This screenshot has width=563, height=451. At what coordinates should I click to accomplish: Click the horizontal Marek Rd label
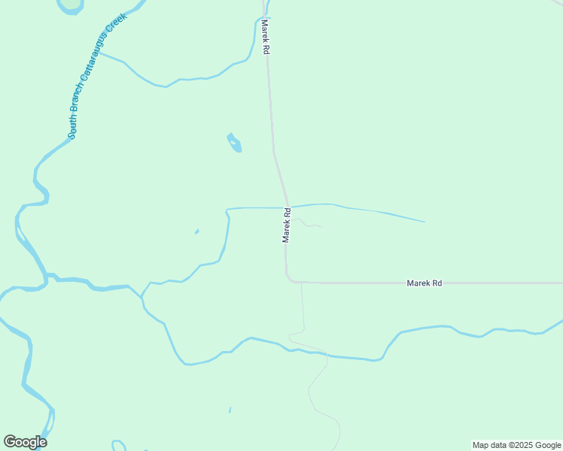(x=424, y=283)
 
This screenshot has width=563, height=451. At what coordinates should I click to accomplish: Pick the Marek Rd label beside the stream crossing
(x=286, y=225)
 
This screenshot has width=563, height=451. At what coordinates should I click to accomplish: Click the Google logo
(x=25, y=442)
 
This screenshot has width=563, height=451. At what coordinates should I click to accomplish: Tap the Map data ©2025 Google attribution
(x=516, y=445)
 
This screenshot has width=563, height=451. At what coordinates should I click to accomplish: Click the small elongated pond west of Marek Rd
(x=235, y=142)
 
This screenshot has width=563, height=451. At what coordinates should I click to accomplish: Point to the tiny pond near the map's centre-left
(x=197, y=231)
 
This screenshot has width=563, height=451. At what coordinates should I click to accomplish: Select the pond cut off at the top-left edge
(x=71, y=5)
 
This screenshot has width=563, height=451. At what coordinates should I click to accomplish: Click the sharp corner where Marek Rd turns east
(x=288, y=280)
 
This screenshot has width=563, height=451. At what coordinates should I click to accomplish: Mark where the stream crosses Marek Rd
(x=285, y=207)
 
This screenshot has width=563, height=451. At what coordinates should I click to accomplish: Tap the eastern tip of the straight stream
(x=425, y=222)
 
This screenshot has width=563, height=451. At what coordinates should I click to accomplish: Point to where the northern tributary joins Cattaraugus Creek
(x=99, y=54)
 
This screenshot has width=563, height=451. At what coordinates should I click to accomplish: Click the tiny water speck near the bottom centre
(x=230, y=410)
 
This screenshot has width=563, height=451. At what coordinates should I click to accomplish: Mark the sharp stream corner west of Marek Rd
(x=227, y=210)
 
